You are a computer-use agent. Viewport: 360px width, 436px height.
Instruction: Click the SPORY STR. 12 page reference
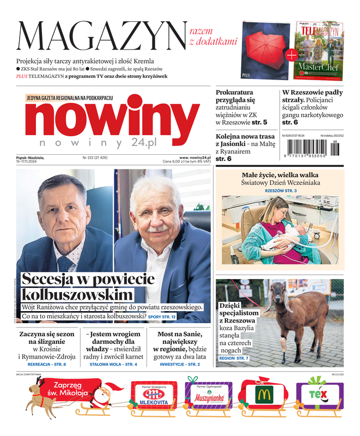click(x=162, y=317)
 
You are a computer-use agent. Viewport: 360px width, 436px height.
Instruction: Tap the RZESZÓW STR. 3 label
click(x=280, y=191)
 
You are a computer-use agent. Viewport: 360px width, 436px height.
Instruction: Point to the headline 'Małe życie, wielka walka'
click(x=280, y=174)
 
